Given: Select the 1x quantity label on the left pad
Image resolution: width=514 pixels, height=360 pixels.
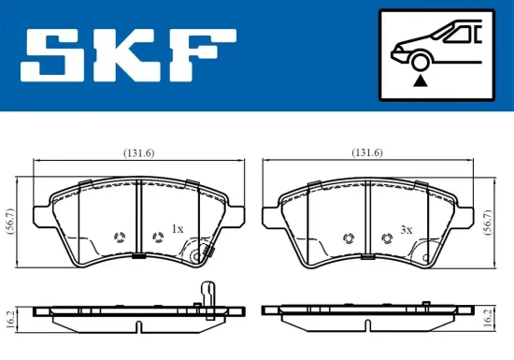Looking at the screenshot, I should [178, 228].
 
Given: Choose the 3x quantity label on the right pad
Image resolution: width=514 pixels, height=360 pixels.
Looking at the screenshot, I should [406, 228].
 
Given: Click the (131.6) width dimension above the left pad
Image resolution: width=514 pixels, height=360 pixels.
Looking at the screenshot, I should [138, 152].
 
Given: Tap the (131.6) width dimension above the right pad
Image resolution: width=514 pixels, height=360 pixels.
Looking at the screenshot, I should [366, 152].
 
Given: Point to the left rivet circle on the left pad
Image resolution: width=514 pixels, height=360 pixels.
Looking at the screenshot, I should [119, 237].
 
